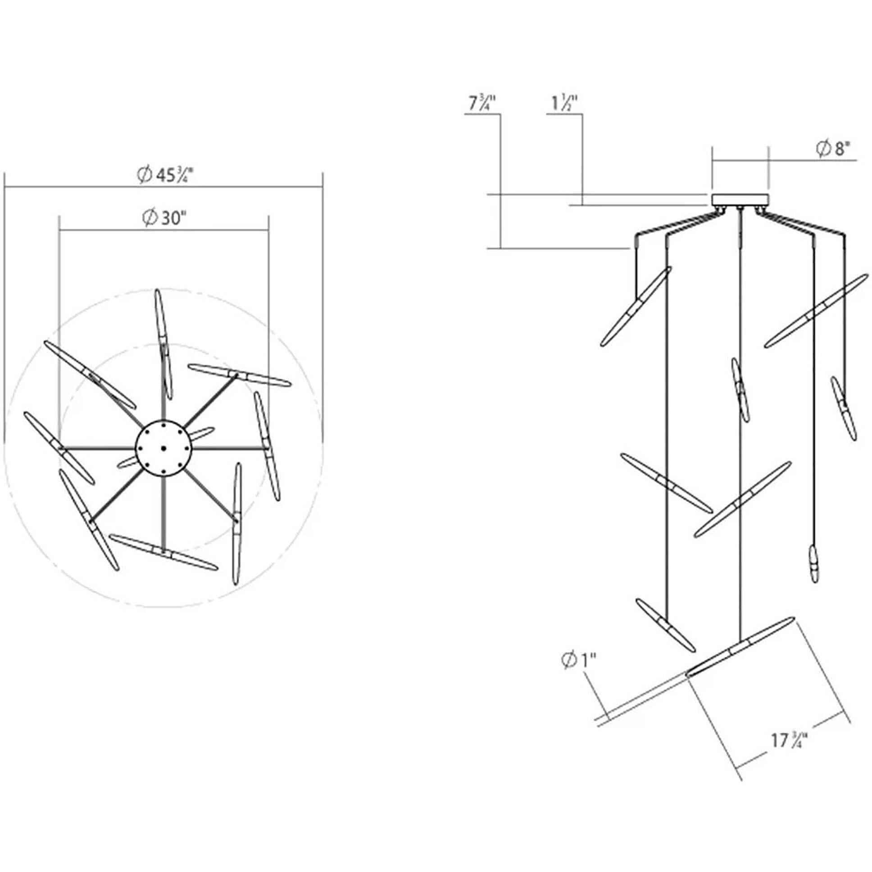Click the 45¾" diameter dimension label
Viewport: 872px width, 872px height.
pyautogui.click(x=166, y=175)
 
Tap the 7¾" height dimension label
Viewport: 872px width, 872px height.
pyautogui.click(x=482, y=103)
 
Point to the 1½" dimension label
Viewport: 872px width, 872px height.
pyautogui.click(x=564, y=103)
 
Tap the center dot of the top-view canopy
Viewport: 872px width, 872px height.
pyautogui.click(x=163, y=448)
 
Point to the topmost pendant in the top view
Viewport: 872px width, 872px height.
pyautogui.click(x=163, y=345)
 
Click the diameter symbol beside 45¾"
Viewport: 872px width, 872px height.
pyautogui.click(x=145, y=175)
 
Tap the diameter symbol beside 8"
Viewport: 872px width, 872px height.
pyautogui.click(x=824, y=149)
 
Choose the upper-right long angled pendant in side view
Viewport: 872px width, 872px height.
pyautogui.click(x=816, y=311)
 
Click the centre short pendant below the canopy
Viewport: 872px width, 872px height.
pyautogui.click(x=740, y=390)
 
